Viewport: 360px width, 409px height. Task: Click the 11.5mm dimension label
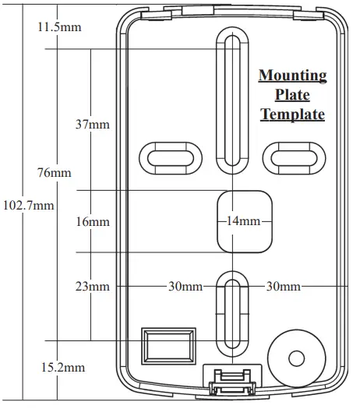[x=59, y=27]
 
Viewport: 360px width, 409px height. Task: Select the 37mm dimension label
[x=93, y=125]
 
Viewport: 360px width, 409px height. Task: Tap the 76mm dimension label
[x=54, y=172]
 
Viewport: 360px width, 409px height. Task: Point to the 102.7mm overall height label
[x=29, y=206]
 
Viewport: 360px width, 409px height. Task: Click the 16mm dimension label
[x=93, y=222]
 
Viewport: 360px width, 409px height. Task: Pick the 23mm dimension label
[x=93, y=287]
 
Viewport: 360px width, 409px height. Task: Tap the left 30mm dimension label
[x=185, y=287]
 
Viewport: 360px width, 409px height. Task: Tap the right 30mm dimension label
[x=284, y=287]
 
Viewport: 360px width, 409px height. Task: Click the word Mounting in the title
[x=292, y=76]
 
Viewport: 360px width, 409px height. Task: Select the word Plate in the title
[x=292, y=95]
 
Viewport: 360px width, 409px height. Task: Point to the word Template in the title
[x=292, y=115]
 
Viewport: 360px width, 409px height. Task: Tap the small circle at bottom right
[x=296, y=358]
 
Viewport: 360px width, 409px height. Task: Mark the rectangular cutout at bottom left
[x=168, y=345]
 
